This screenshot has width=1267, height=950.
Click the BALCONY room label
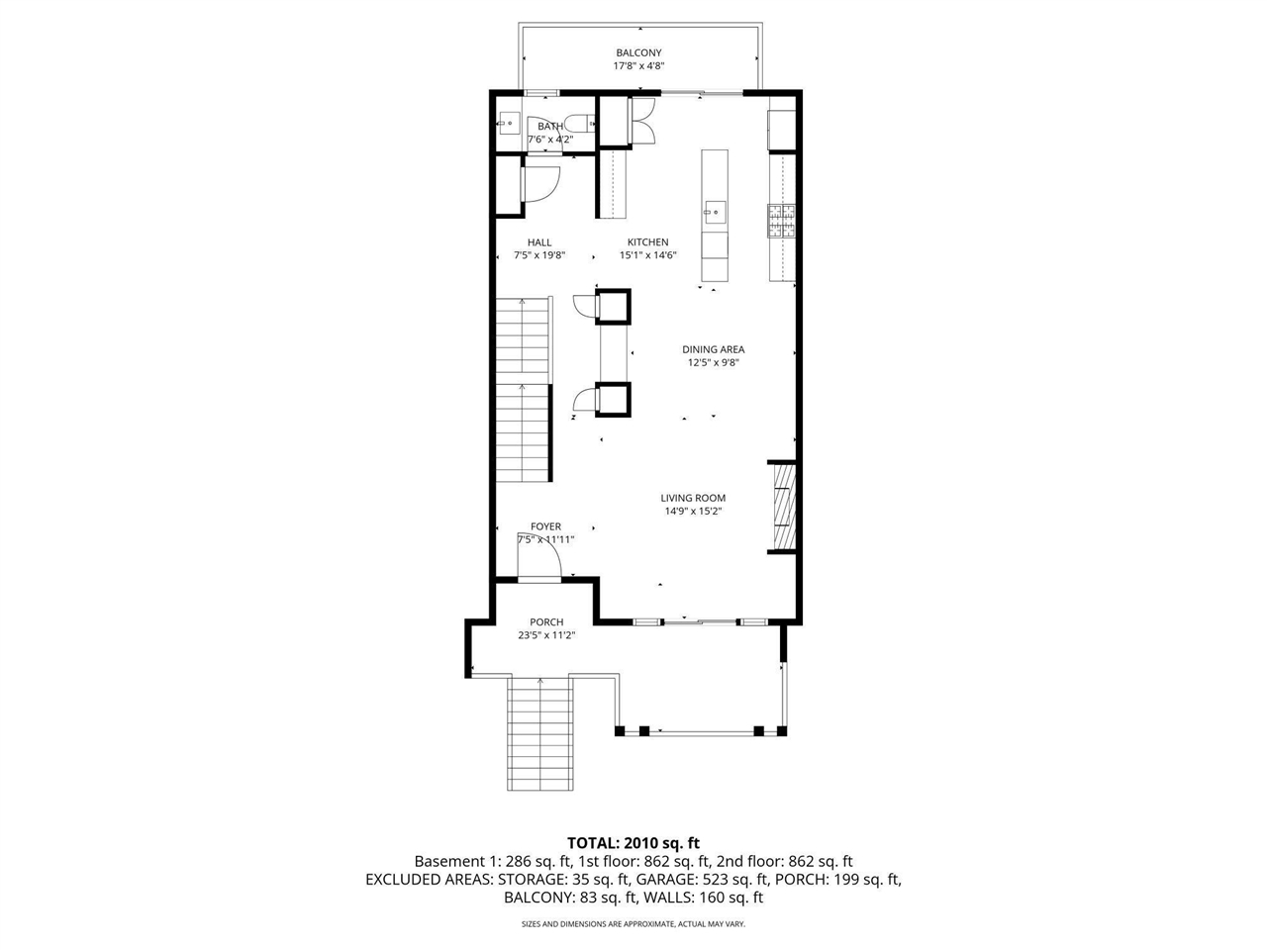coord(638,53)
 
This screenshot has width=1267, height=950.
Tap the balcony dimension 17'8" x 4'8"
coord(638,66)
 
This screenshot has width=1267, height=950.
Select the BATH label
coord(550,127)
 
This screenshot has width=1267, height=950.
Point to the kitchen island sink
coord(714,210)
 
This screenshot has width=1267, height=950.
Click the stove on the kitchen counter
coord(782,221)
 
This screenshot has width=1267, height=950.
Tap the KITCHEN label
coord(647,242)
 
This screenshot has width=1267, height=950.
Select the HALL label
coord(539,242)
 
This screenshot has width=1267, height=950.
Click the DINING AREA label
coord(713,349)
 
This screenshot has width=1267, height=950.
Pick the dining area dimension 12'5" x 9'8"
coord(713,362)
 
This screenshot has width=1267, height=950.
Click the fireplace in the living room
coord(783,506)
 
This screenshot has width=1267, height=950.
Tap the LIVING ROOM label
coord(693,499)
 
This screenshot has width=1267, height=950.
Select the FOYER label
coord(545,527)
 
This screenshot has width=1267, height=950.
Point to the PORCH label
coord(546,622)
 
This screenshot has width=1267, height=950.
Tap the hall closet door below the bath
coord(539,184)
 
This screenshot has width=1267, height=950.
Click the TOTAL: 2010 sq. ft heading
coord(633,843)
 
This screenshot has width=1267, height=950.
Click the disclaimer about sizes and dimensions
coord(633,924)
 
